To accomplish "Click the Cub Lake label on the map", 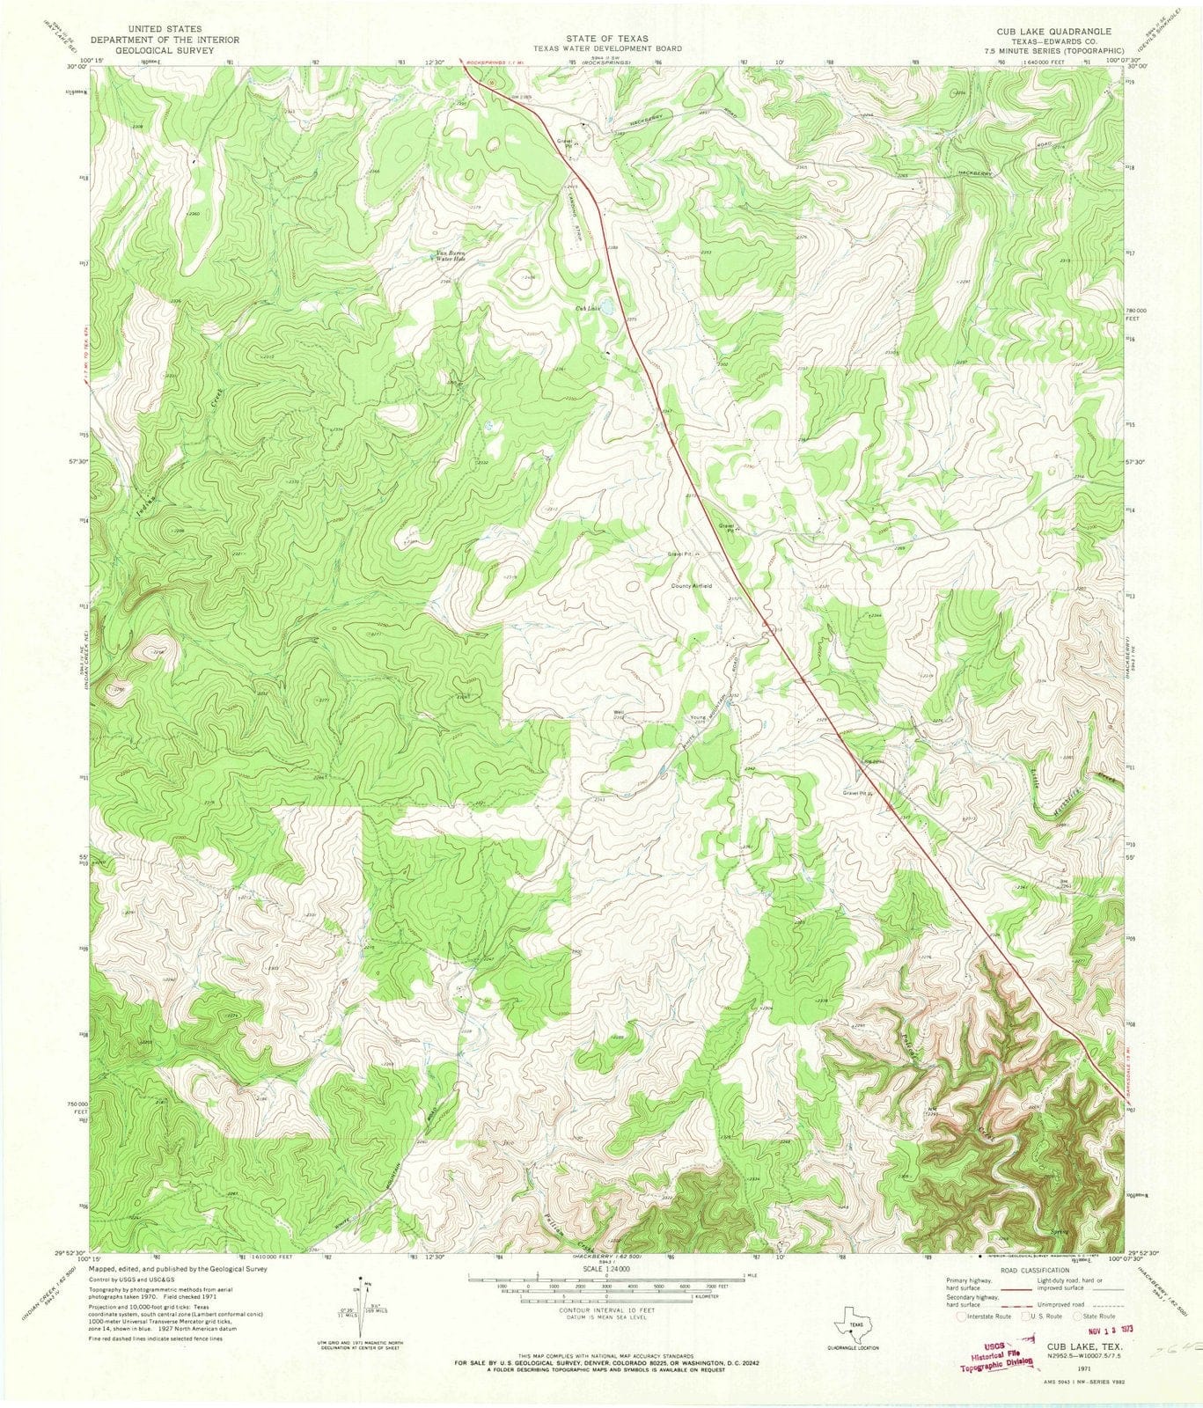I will point(587,308).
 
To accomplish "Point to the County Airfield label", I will point(692,585).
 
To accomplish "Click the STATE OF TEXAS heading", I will point(601,38).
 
